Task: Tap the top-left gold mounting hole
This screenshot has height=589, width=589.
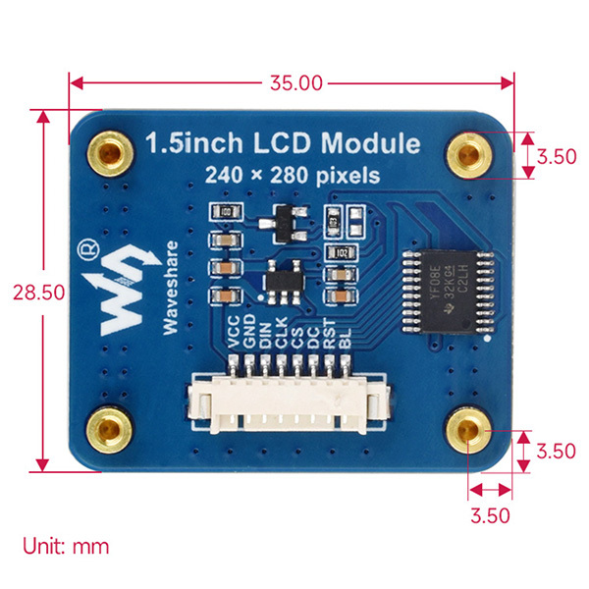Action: pyautogui.click(x=109, y=150)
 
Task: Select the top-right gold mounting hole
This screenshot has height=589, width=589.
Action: pyautogui.click(x=470, y=154)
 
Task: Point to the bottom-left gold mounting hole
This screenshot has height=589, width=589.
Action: pyautogui.click(x=109, y=428)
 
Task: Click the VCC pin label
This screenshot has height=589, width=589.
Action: pyautogui.click(x=233, y=338)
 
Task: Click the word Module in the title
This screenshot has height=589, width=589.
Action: pyautogui.click(x=373, y=144)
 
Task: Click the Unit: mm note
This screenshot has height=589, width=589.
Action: pyautogui.click(x=66, y=546)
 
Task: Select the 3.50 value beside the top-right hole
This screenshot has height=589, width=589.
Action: pyautogui.click(x=557, y=155)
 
